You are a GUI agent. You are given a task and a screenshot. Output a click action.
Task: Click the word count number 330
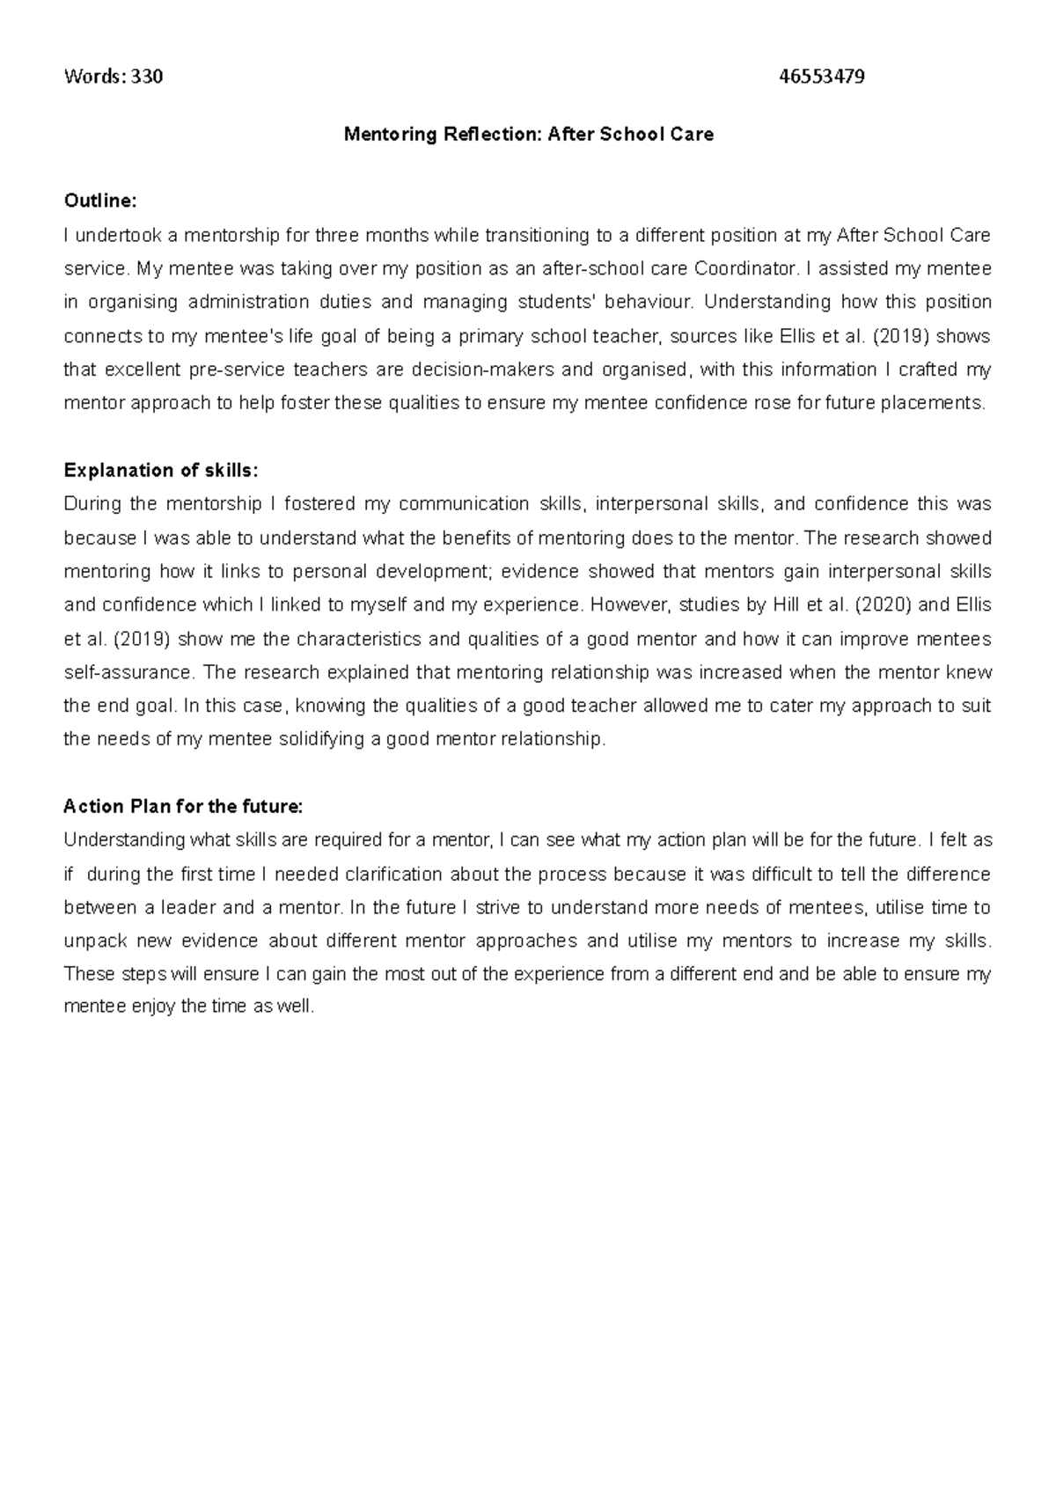point(147,77)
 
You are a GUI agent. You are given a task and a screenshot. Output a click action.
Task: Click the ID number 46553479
point(822,77)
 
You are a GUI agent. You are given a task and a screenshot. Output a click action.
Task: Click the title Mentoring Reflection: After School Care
point(528,135)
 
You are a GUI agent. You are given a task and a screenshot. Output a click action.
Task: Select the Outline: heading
point(100,201)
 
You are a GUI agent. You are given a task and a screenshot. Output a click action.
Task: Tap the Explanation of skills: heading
point(161,471)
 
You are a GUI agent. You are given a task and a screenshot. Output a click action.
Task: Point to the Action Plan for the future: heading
point(183,807)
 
